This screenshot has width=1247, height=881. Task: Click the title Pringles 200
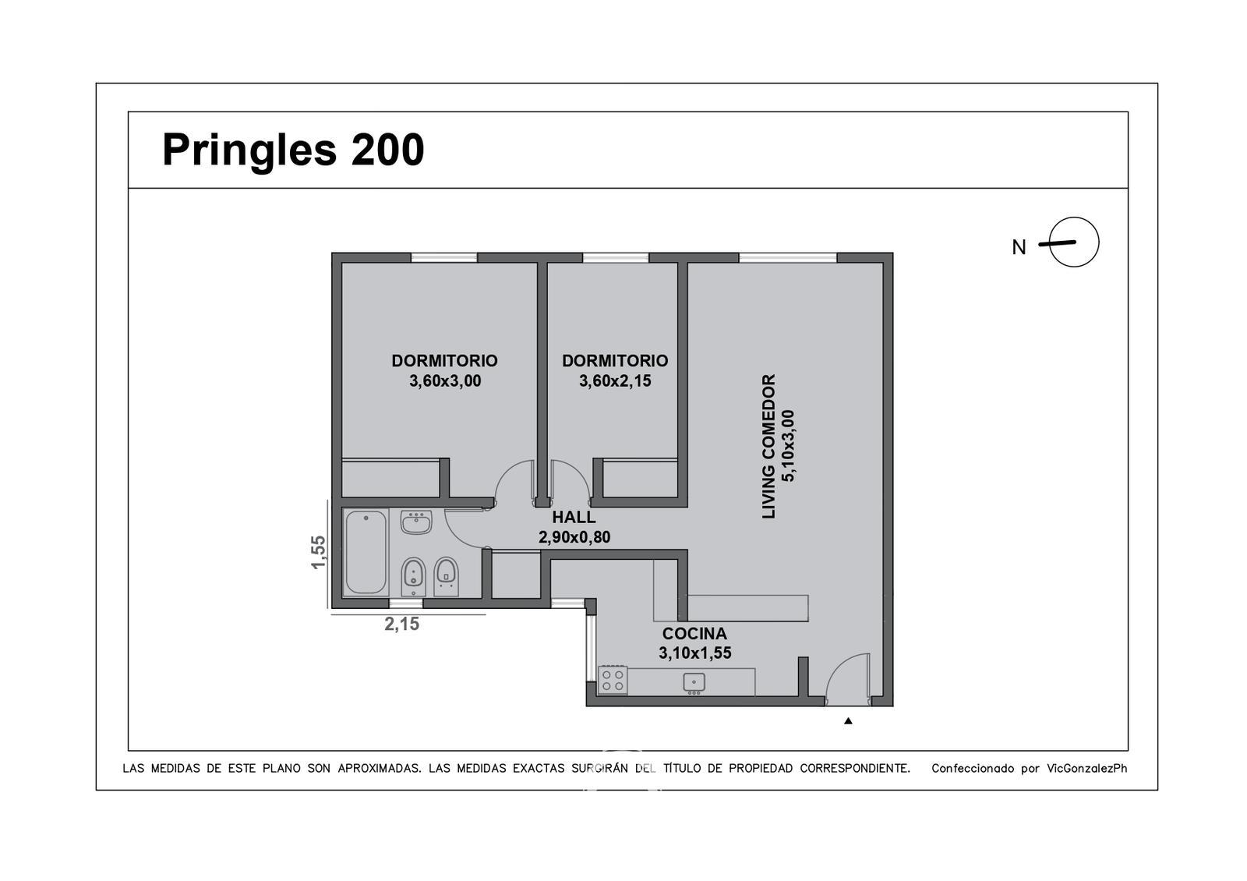[x=293, y=150]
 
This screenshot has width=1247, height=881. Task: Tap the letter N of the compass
[x=1019, y=247]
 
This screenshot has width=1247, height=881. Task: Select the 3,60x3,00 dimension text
[x=445, y=381]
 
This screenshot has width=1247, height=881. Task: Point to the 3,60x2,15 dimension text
[x=615, y=381]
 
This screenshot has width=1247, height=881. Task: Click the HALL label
[x=574, y=518]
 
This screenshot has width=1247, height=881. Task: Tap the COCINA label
[x=694, y=634]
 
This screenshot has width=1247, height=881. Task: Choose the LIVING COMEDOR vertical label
[x=768, y=447]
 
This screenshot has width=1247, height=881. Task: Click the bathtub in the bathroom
[x=366, y=553]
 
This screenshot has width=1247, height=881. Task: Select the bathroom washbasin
[x=416, y=522]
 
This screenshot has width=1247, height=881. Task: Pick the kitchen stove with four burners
[x=613, y=681]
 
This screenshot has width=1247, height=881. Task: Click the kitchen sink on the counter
[x=694, y=682]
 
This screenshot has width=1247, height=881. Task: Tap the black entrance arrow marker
[x=848, y=720]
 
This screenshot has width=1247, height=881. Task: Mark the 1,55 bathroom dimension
[x=318, y=553]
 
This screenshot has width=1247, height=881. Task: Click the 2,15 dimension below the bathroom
[x=402, y=624]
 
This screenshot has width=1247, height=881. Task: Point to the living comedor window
[x=788, y=258]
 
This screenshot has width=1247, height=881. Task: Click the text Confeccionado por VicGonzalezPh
[x=1030, y=769]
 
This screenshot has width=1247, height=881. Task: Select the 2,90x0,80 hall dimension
[x=574, y=537]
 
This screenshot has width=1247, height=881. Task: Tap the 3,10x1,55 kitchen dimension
[x=694, y=653]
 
